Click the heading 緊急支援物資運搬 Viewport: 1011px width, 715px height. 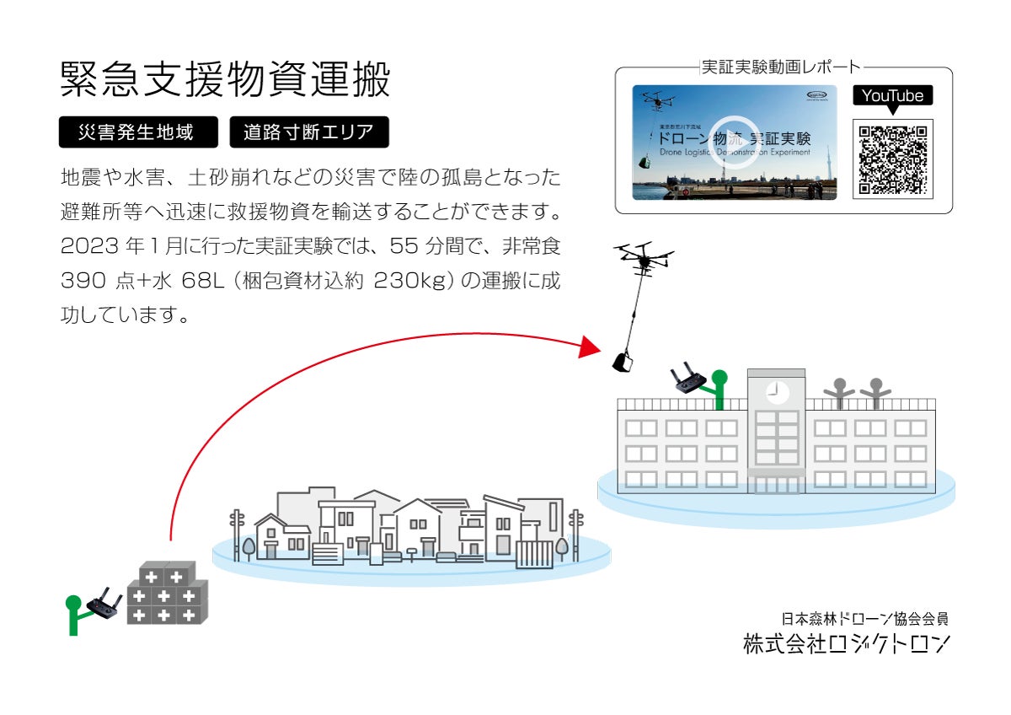(226, 81)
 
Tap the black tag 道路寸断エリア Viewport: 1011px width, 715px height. (308, 132)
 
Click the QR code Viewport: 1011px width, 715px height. (892, 159)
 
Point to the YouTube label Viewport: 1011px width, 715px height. (892, 96)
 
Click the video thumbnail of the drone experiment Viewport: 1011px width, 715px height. (735, 142)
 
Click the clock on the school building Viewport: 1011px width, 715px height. (776, 391)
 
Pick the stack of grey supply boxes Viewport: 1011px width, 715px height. (167, 593)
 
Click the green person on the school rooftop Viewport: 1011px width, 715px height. (718, 387)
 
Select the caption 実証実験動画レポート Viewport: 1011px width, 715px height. (783, 67)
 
